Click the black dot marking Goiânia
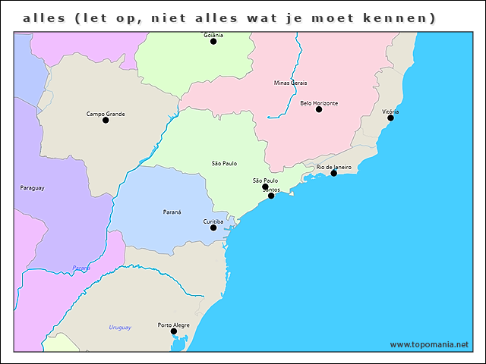coord(213,42)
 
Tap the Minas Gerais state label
coord(290,83)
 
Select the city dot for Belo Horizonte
coord(319,110)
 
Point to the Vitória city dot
coord(390,118)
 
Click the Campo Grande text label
coord(106,114)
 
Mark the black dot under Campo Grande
coord(106,121)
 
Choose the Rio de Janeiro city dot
coord(333,174)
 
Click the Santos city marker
coord(271,196)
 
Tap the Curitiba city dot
coord(213,227)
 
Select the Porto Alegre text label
coord(174,325)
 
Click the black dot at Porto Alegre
coord(174,331)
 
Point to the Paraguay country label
coord(33,187)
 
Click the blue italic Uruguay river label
coord(120,328)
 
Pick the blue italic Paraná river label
coord(81,268)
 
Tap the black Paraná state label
coord(172,212)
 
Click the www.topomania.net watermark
coord(429,344)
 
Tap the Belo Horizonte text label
coord(319,103)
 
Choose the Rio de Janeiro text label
coord(333,167)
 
